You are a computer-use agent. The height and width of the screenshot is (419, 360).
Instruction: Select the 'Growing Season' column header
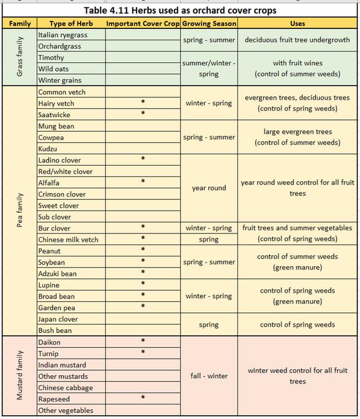pos(209,23)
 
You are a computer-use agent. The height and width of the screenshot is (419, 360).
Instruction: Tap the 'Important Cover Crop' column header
pos(143,23)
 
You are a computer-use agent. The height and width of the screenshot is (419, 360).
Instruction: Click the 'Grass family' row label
pos(20,58)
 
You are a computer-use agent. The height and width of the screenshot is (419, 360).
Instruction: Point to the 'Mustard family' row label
pos(20,376)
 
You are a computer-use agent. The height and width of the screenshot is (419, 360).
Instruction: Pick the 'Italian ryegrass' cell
pos(63,35)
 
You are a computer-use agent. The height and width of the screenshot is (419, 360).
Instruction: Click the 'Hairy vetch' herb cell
pos(56,103)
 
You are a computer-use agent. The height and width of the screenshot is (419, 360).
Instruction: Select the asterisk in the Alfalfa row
pos(143,182)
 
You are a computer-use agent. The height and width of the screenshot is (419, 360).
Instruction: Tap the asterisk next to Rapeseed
pos(143,398)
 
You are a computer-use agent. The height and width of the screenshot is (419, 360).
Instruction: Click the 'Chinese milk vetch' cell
pos(68,239)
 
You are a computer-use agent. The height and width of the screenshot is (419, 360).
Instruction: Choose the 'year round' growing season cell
pos(209,188)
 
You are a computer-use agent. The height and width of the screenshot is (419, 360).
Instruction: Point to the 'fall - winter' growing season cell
pos(209,376)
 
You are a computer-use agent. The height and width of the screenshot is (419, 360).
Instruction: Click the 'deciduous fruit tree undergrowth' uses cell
pos(297,40)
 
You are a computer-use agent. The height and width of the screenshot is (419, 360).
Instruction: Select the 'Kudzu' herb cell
pos(48,149)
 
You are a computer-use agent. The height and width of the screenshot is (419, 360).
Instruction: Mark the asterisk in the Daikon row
pos(143,341)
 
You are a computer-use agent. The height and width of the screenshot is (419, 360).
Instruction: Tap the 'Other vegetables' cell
pos(66,410)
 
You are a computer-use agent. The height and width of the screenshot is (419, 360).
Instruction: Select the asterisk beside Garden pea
pos(143,307)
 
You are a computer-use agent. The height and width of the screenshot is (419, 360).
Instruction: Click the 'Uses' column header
pos(297,23)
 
